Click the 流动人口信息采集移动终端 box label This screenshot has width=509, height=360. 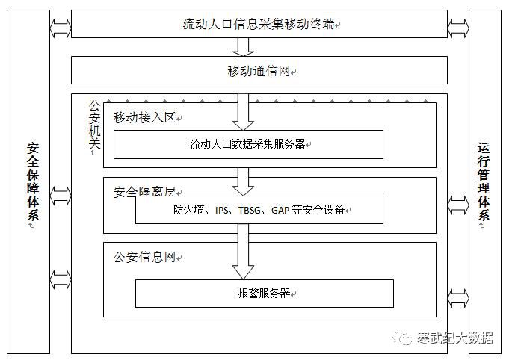259,24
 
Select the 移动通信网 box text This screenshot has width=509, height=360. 259,71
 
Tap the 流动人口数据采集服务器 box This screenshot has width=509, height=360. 247,144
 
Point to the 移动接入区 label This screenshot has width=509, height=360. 144,117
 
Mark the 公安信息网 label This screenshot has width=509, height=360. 144,258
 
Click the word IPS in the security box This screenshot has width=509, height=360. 223,211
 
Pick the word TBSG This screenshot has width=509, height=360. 251,211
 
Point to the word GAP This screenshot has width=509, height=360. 281,211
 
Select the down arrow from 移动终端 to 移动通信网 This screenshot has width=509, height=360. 242,46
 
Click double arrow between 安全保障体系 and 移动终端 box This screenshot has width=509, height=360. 61,27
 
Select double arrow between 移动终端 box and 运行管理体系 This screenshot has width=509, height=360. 457,27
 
